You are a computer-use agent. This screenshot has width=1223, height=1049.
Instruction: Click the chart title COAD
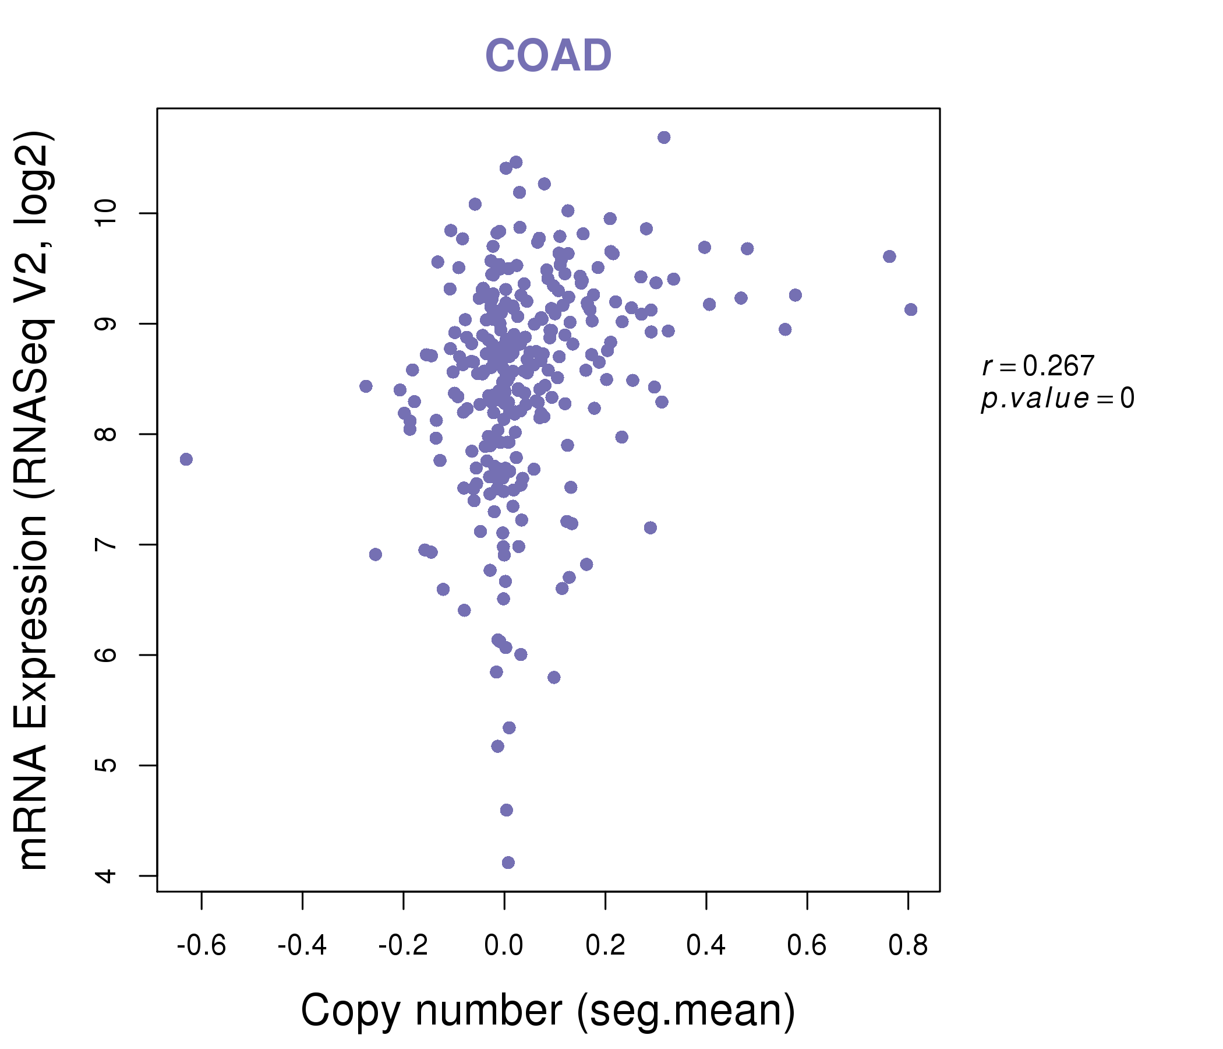(548, 55)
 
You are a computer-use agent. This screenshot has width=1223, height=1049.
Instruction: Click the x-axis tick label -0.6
(202, 946)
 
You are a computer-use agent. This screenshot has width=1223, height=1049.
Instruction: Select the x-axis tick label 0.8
(908, 946)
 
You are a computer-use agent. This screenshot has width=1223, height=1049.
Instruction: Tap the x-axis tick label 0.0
(504, 946)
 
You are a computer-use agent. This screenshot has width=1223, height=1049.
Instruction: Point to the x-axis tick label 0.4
(706, 946)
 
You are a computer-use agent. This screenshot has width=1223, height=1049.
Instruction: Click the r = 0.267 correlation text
(1038, 366)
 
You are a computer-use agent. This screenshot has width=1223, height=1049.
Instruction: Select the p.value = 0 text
(1057, 399)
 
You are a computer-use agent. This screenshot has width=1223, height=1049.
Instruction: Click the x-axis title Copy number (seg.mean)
(548, 1011)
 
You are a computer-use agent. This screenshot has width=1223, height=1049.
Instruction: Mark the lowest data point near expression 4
(508, 863)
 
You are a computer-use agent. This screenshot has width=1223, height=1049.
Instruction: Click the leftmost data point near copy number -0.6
(186, 460)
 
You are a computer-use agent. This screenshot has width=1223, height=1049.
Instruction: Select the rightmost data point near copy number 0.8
(911, 309)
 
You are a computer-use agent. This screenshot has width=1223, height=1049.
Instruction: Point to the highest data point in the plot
(664, 138)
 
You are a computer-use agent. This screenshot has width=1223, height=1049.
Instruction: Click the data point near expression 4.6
(507, 810)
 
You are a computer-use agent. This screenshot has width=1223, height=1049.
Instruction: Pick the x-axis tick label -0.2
(403, 946)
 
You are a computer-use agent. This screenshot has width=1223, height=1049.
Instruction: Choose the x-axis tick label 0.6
(807, 946)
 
